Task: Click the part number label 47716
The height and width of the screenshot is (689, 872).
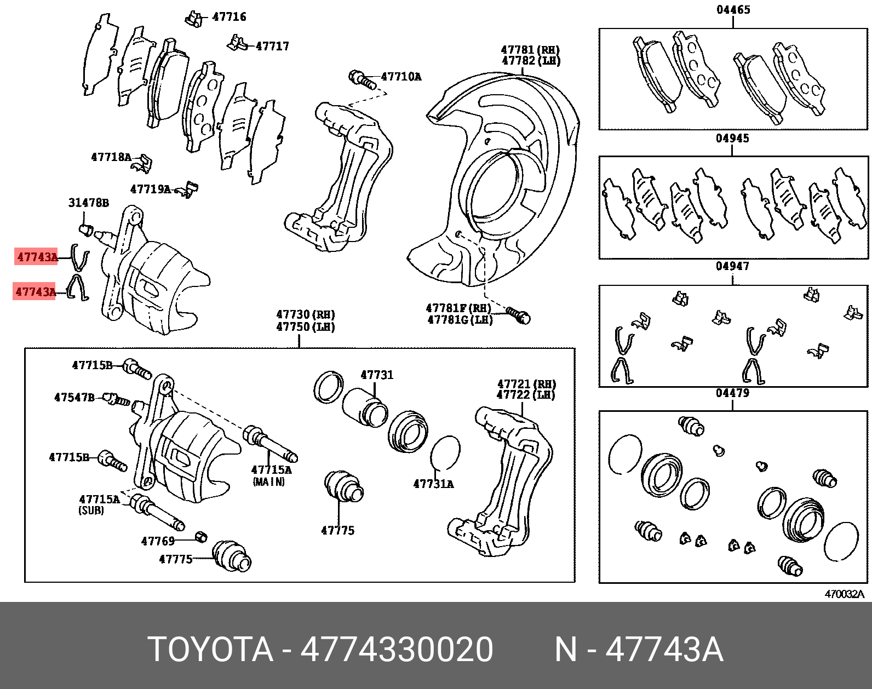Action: [x=229, y=17]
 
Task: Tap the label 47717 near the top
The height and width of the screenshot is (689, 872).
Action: [x=272, y=47]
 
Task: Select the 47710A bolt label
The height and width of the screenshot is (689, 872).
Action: [x=401, y=77]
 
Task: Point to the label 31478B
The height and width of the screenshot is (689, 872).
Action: [x=88, y=203]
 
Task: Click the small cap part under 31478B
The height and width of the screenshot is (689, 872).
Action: [x=85, y=228]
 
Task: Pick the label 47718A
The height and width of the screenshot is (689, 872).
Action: [x=111, y=158]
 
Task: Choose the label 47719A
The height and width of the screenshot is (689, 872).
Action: [x=151, y=190]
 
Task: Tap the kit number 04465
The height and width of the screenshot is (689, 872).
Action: [x=733, y=10]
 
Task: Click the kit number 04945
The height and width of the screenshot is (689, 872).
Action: [x=732, y=139]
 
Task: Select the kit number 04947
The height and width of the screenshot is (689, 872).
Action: [x=732, y=266]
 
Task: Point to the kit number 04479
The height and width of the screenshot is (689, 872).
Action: [x=732, y=393]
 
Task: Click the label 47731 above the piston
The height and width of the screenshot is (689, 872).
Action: [x=377, y=375]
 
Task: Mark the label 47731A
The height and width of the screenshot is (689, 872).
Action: [x=433, y=484]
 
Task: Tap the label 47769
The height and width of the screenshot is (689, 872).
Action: [x=158, y=542]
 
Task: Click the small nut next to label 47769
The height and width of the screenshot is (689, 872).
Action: [x=202, y=536]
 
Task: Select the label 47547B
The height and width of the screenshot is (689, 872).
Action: [x=74, y=398]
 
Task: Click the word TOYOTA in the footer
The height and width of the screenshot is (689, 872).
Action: [x=210, y=650]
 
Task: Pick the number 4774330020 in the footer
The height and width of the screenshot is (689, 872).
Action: [x=397, y=650]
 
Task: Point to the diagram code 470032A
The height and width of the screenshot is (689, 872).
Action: [x=844, y=594]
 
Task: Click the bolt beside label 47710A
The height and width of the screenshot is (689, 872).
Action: [x=362, y=79]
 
